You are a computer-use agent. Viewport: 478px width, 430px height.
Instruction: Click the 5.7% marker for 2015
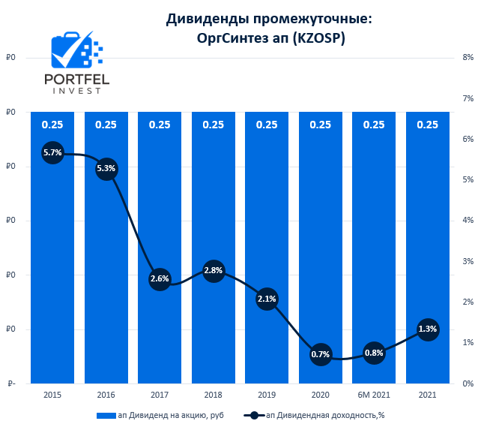tap(52, 152)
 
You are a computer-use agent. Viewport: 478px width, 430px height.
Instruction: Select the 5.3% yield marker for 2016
tap(106, 168)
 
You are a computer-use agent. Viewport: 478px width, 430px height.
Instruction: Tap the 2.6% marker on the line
tap(160, 278)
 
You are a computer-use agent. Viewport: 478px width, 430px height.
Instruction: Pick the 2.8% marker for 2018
tap(214, 270)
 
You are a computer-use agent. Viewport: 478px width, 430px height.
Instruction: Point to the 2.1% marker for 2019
tap(267, 299)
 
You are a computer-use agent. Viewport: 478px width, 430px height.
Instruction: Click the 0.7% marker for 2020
tap(321, 354)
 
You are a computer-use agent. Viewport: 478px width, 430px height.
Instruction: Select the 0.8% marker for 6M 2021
tap(374, 352)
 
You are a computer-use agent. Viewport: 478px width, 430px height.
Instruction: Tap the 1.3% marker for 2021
tap(428, 329)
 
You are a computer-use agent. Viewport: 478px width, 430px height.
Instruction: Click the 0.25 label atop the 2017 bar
tap(160, 125)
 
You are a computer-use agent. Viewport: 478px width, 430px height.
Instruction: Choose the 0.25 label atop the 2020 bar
tap(321, 125)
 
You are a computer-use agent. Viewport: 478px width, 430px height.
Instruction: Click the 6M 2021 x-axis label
tap(374, 395)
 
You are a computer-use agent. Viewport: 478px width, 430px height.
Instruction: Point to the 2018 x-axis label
tap(214, 395)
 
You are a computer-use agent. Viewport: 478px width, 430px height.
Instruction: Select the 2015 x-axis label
tap(52, 395)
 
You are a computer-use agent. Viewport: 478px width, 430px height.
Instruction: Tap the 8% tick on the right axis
tap(468, 58)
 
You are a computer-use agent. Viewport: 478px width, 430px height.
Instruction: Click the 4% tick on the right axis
tap(468, 221)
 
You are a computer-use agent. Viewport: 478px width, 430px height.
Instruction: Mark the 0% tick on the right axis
tap(468, 383)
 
